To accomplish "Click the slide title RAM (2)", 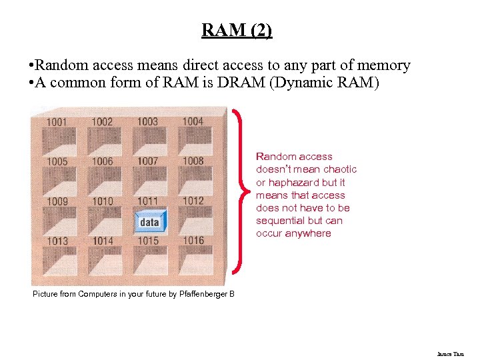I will tap(237, 31).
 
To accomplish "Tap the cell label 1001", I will tap(57, 122).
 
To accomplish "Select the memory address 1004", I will tap(193, 121).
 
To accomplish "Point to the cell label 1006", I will tap(102, 161).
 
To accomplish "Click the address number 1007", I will tap(147, 161).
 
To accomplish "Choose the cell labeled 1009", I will tap(57, 201).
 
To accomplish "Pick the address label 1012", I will tap(193, 201).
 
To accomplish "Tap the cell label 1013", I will tap(57, 241).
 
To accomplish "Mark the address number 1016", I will tap(193, 240).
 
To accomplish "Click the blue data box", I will tap(149, 221).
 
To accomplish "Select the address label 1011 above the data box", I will tap(147, 201).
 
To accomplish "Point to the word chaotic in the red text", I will tap(341, 169).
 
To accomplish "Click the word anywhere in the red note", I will tap(309, 233).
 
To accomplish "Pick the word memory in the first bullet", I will tap(384, 65).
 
